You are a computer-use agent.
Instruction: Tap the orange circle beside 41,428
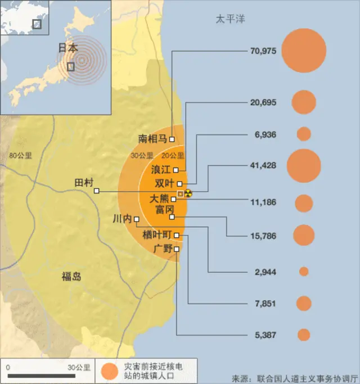304,166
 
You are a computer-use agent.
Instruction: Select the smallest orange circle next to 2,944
304,272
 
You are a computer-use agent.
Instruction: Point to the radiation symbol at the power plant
188,193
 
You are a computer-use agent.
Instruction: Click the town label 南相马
152,139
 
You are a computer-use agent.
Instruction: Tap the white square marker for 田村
97,191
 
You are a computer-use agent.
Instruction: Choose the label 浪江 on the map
161,169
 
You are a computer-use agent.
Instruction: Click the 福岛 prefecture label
71,276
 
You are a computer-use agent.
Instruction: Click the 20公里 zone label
173,156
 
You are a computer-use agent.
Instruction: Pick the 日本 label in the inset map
68,48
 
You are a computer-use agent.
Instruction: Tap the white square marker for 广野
177,249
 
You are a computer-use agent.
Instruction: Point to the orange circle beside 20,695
304,102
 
